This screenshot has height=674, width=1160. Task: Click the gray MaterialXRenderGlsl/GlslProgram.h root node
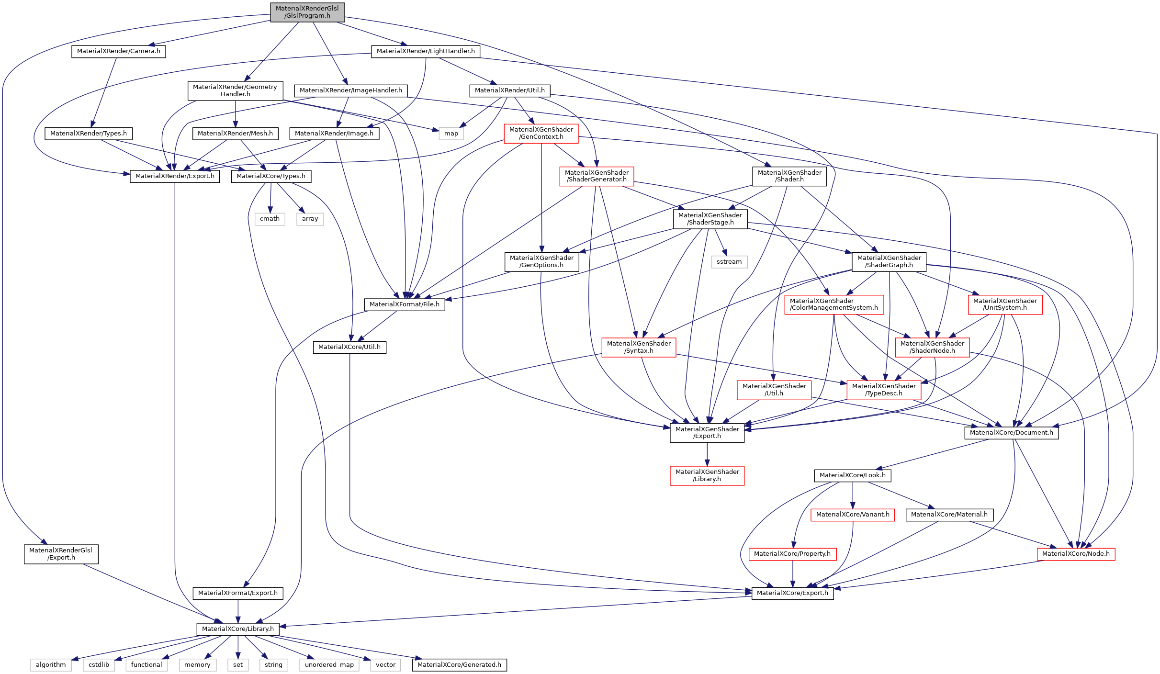click(x=307, y=12)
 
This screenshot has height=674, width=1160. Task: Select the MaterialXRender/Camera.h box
click(x=119, y=51)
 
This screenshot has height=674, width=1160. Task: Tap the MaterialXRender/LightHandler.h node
click(x=426, y=51)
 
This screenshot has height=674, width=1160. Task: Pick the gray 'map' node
click(x=451, y=134)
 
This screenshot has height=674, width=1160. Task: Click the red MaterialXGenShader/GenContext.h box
click(x=541, y=133)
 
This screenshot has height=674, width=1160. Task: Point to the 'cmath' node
click(x=270, y=219)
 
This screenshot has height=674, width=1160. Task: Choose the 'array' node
click(x=310, y=219)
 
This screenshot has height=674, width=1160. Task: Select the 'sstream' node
click(x=729, y=262)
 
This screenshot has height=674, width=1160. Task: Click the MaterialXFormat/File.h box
click(x=405, y=304)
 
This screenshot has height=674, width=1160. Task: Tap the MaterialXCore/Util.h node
click(x=349, y=347)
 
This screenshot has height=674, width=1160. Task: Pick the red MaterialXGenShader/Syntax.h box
click(x=639, y=347)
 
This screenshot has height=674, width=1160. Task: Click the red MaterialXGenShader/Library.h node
click(x=707, y=475)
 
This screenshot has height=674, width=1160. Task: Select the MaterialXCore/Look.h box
click(x=853, y=475)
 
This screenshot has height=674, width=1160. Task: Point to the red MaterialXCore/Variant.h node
click(x=853, y=515)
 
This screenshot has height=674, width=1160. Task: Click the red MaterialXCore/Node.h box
click(x=1076, y=554)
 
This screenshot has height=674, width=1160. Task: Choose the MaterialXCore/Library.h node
click(x=238, y=629)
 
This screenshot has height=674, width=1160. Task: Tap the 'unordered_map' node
click(x=329, y=665)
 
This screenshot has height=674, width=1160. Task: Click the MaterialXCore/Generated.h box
click(x=459, y=665)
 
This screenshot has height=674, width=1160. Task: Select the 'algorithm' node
click(x=51, y=665)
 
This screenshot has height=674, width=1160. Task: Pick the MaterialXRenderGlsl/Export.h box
click(x=61, y=554)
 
